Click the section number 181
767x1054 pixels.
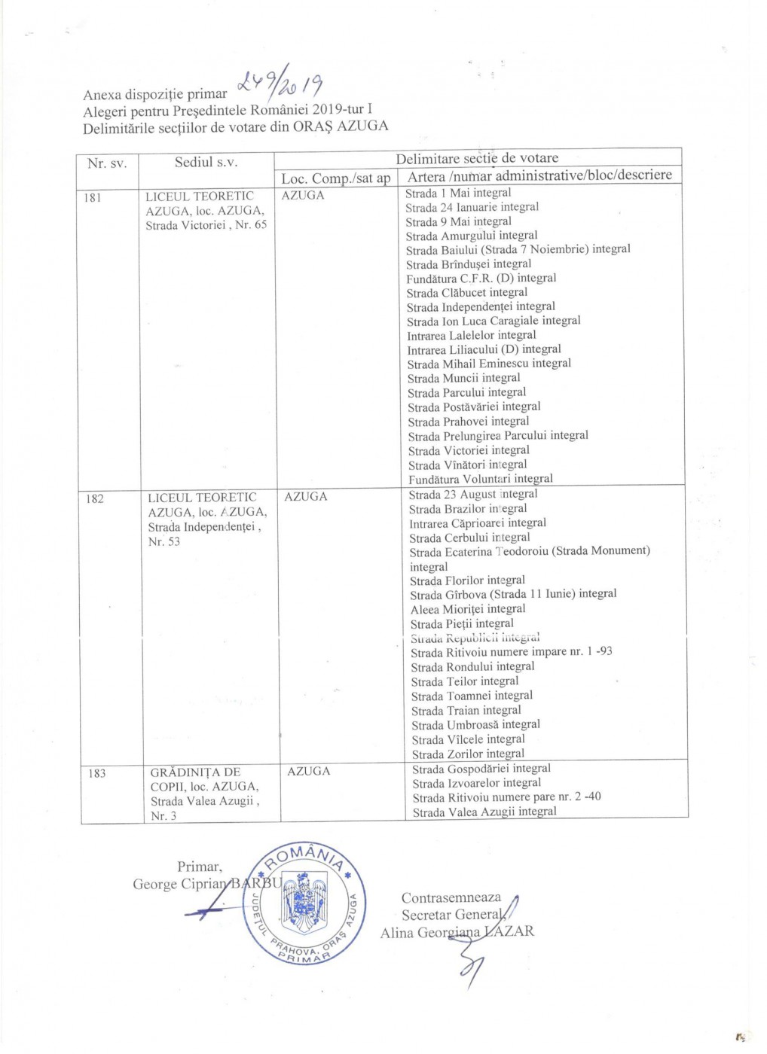click(x=92, y=198)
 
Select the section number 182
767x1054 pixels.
click(x=95, y=498)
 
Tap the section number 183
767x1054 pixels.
click(x=97, y=773)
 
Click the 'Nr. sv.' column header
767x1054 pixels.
click(x=107, y=163)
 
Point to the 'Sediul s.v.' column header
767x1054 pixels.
click(x=206, y=162)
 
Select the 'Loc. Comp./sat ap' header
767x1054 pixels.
click(x=335, y=178)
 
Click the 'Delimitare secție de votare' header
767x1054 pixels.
click(x=477, y=158)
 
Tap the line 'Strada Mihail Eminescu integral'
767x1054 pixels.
click(x=489, y=364)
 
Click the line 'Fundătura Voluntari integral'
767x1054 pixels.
click(x=481, y=479)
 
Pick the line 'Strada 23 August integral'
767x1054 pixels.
click(x=473, y=495)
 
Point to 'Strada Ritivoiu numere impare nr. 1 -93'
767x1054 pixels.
click(x=512, y=652)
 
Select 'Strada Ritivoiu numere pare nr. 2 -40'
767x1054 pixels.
click(x=506, y=797)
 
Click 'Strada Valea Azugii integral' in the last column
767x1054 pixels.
click(x=484, y=812)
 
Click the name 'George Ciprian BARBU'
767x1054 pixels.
click(x=207, y=884)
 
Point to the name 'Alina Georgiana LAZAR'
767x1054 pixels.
click(x=457, y=933)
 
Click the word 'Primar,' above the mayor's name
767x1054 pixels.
click(x=200, y=867)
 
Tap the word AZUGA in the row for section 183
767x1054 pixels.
click(x=308, y=772)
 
